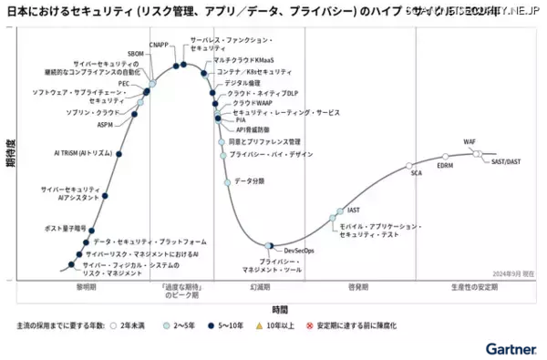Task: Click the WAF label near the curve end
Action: click(470, 143)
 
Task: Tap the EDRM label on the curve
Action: click(445, 166)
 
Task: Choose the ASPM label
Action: click(105, 125)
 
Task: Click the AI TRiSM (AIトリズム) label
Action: click(82, 152)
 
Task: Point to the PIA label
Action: click(241, 119)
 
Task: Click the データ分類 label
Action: click(249, 181)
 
